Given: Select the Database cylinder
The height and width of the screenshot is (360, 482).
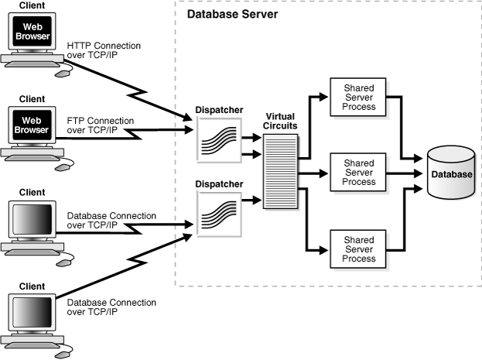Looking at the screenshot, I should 450,174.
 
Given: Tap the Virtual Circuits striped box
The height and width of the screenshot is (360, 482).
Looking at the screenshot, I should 279,170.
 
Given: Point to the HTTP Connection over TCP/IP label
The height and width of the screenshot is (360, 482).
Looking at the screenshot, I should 104,51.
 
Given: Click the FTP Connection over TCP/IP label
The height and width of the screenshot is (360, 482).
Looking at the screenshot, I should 101,126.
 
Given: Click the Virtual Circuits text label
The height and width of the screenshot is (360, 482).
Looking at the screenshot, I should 279,121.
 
